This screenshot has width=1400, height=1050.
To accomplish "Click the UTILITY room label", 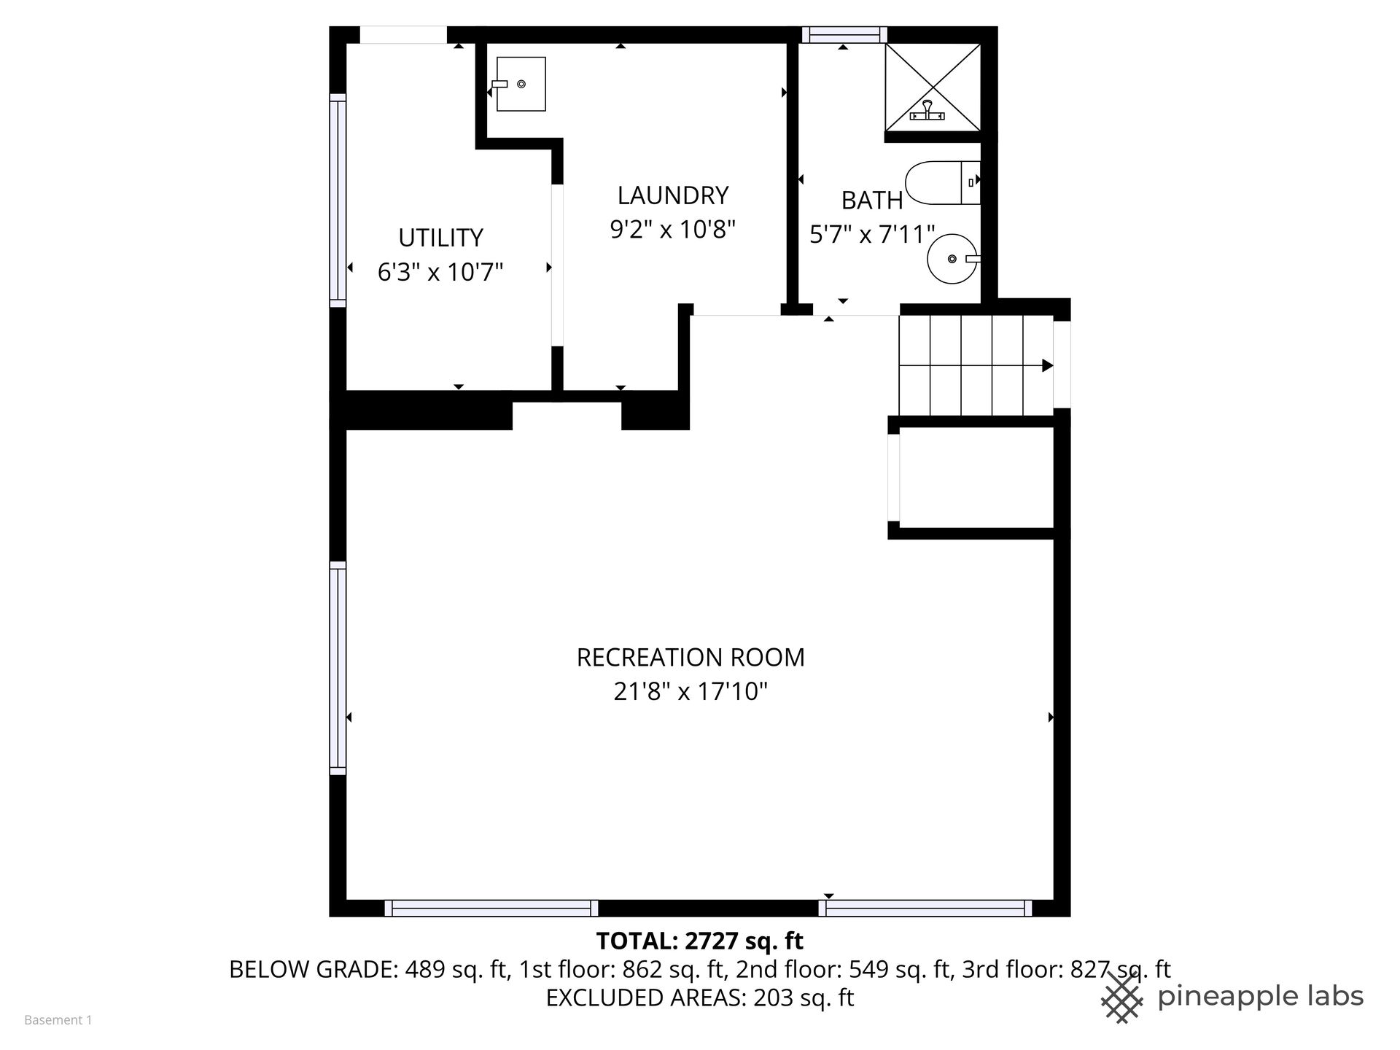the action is click(x=440, y=238).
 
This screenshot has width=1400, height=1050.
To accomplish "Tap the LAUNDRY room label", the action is click(x=673, y=195).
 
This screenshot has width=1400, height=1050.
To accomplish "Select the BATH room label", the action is click(x=872, y=200).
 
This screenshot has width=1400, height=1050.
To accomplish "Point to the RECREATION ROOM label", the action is click(x=691, y=657).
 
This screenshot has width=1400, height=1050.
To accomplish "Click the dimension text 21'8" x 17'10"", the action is click(x=691, y=691).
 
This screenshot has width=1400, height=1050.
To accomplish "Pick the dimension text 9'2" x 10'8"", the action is click(x=673, y=230).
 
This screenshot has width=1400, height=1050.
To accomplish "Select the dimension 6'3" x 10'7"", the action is click(x=440, y=272).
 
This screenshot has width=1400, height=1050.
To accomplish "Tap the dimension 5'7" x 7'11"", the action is click(x=872, y=234).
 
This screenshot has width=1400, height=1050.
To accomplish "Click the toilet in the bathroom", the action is click(x=943, y=182).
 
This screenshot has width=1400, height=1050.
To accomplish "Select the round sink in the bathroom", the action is click(x=952, y=259).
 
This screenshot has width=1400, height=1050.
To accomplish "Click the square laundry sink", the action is click(x=521, y=84).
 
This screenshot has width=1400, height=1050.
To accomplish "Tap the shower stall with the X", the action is click(x=933, y=87).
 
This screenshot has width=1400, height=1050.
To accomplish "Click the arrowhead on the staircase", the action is click(x=1047, y=365).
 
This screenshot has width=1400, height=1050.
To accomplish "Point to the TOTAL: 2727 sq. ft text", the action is click(x=700, y=941).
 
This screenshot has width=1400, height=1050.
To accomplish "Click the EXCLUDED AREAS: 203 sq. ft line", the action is click(x=700, y=997).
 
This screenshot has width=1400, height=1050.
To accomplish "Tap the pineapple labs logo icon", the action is click(x=1121, y=997).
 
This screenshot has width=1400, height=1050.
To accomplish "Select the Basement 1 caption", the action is click(x=58, y=1020).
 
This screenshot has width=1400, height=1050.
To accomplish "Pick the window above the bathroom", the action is click(x=844, y=35).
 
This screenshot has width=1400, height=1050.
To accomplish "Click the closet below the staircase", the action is click(x=977, y=477).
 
